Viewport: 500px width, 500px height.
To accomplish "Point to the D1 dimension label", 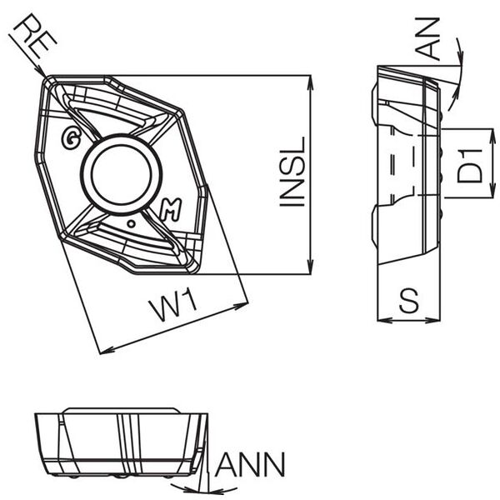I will pyautogui.click(x=471, y=163).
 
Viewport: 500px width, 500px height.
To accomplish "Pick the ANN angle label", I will pyautogui.click(x=250, y=463).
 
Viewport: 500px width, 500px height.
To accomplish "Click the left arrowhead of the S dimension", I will pyautogui.click(x=382, y=319).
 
